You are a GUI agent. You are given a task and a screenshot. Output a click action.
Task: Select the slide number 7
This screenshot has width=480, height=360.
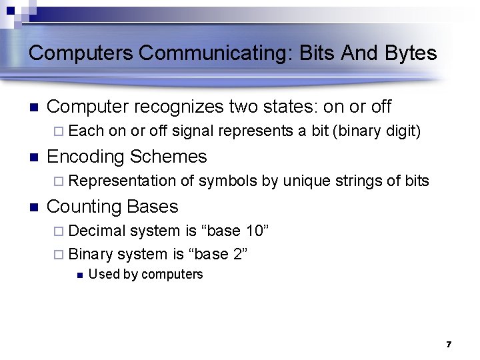(x=449, y=344)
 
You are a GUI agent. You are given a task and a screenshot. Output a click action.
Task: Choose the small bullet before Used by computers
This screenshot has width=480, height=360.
(x=79, y=275)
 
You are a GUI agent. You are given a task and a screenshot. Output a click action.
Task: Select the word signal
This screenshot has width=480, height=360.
(x=195, y=131)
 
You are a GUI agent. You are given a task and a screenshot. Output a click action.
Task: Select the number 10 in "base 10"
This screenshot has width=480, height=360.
(x=256, y=231)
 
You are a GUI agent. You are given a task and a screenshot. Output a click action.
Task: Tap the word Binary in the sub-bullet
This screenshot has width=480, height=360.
(x=91, y=254)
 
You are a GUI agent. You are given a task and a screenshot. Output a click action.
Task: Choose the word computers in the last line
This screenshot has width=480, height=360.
(x=173, y=275)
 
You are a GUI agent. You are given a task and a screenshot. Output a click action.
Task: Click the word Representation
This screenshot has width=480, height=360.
(x=122, y=181)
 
